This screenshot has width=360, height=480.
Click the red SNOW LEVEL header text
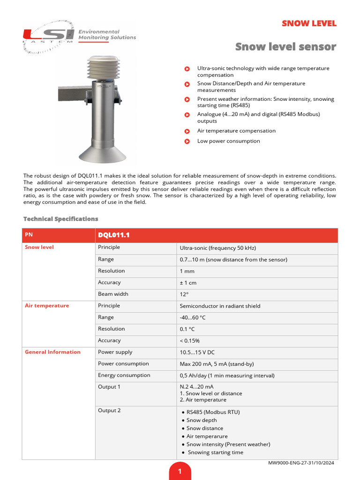point(309,24)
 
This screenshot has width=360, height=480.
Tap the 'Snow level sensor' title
point(285,47)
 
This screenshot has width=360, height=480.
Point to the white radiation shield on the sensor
point(104,70)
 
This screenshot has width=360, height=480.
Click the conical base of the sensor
point(104,152)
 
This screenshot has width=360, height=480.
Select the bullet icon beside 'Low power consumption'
point(187,141)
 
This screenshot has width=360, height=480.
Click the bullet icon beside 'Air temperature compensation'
point(187,131)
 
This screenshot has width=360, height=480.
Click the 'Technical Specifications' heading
point(61,219)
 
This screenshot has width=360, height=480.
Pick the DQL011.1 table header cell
point(114,235)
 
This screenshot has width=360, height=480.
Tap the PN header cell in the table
point(29,235)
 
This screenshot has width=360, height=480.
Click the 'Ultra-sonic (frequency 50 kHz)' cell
point(218,248)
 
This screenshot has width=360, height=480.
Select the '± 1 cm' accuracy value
point(188,283)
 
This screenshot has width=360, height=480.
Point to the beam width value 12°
point(184,295)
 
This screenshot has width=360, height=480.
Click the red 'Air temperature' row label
point(47,306)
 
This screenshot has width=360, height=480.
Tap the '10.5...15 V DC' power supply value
point(197,352)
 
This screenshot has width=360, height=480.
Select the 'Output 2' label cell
point(109,411)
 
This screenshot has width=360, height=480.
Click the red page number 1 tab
point(180,471)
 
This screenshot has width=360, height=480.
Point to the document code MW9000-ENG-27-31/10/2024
point(301,463)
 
